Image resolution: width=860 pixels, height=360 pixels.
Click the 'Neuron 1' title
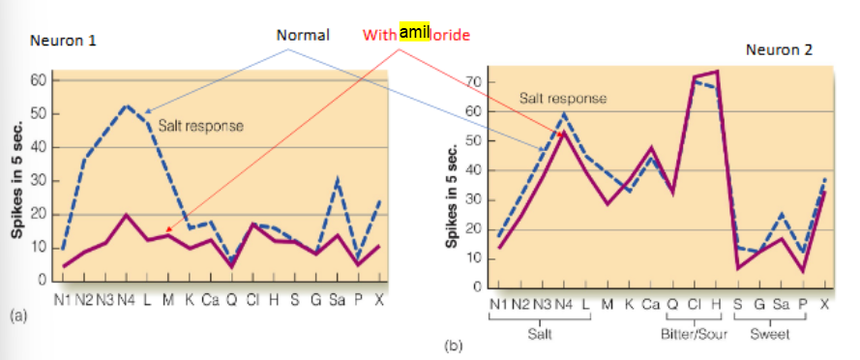pyautogui.click(x=63, y=42)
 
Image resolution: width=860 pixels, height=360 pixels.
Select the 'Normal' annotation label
pyautogui.click(x=303, y=35)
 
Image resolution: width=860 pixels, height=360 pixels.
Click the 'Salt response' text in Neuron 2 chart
pyautogui.click(x=563, y=99)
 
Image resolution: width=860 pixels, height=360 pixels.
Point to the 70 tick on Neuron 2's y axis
pyautogui.click(x=474, y=82)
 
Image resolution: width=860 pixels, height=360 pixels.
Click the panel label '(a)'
pyautogui.click(x=17, y=315)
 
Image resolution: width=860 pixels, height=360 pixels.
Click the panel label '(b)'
pyautogui.click(x=452, y=344)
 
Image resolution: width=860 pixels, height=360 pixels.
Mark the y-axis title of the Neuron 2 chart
pyautogui.click(x=450, y=195)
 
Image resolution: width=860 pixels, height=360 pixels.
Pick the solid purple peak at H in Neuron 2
pyautogui.click(x=716, y=72)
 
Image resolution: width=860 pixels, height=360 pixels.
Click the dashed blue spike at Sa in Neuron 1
pyautogui.click(x=337, y=180)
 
